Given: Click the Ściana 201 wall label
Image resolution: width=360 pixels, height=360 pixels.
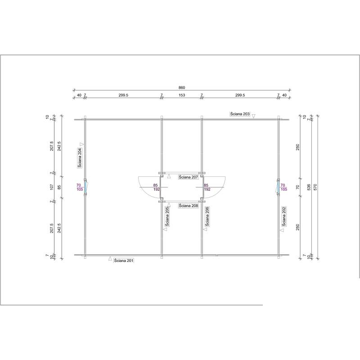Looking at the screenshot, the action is point(124,261).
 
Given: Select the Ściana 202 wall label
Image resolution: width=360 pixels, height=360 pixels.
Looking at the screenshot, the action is point(284,216).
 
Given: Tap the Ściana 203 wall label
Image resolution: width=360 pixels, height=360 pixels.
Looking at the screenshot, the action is point(240,114).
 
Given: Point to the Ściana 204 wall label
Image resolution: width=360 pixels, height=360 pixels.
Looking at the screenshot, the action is point(80,158).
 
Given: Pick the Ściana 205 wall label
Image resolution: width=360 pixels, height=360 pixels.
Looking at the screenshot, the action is point(167,216).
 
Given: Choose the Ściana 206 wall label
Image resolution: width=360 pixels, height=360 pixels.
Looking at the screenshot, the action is point(207,216).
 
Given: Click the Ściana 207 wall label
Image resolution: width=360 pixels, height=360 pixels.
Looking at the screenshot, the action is point(189,177).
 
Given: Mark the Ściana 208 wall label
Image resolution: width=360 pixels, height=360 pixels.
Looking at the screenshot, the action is point(189,206).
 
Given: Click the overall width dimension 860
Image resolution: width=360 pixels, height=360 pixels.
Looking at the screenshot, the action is point(182,87).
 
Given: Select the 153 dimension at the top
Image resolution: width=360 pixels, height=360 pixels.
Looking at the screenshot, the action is point(182,95).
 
